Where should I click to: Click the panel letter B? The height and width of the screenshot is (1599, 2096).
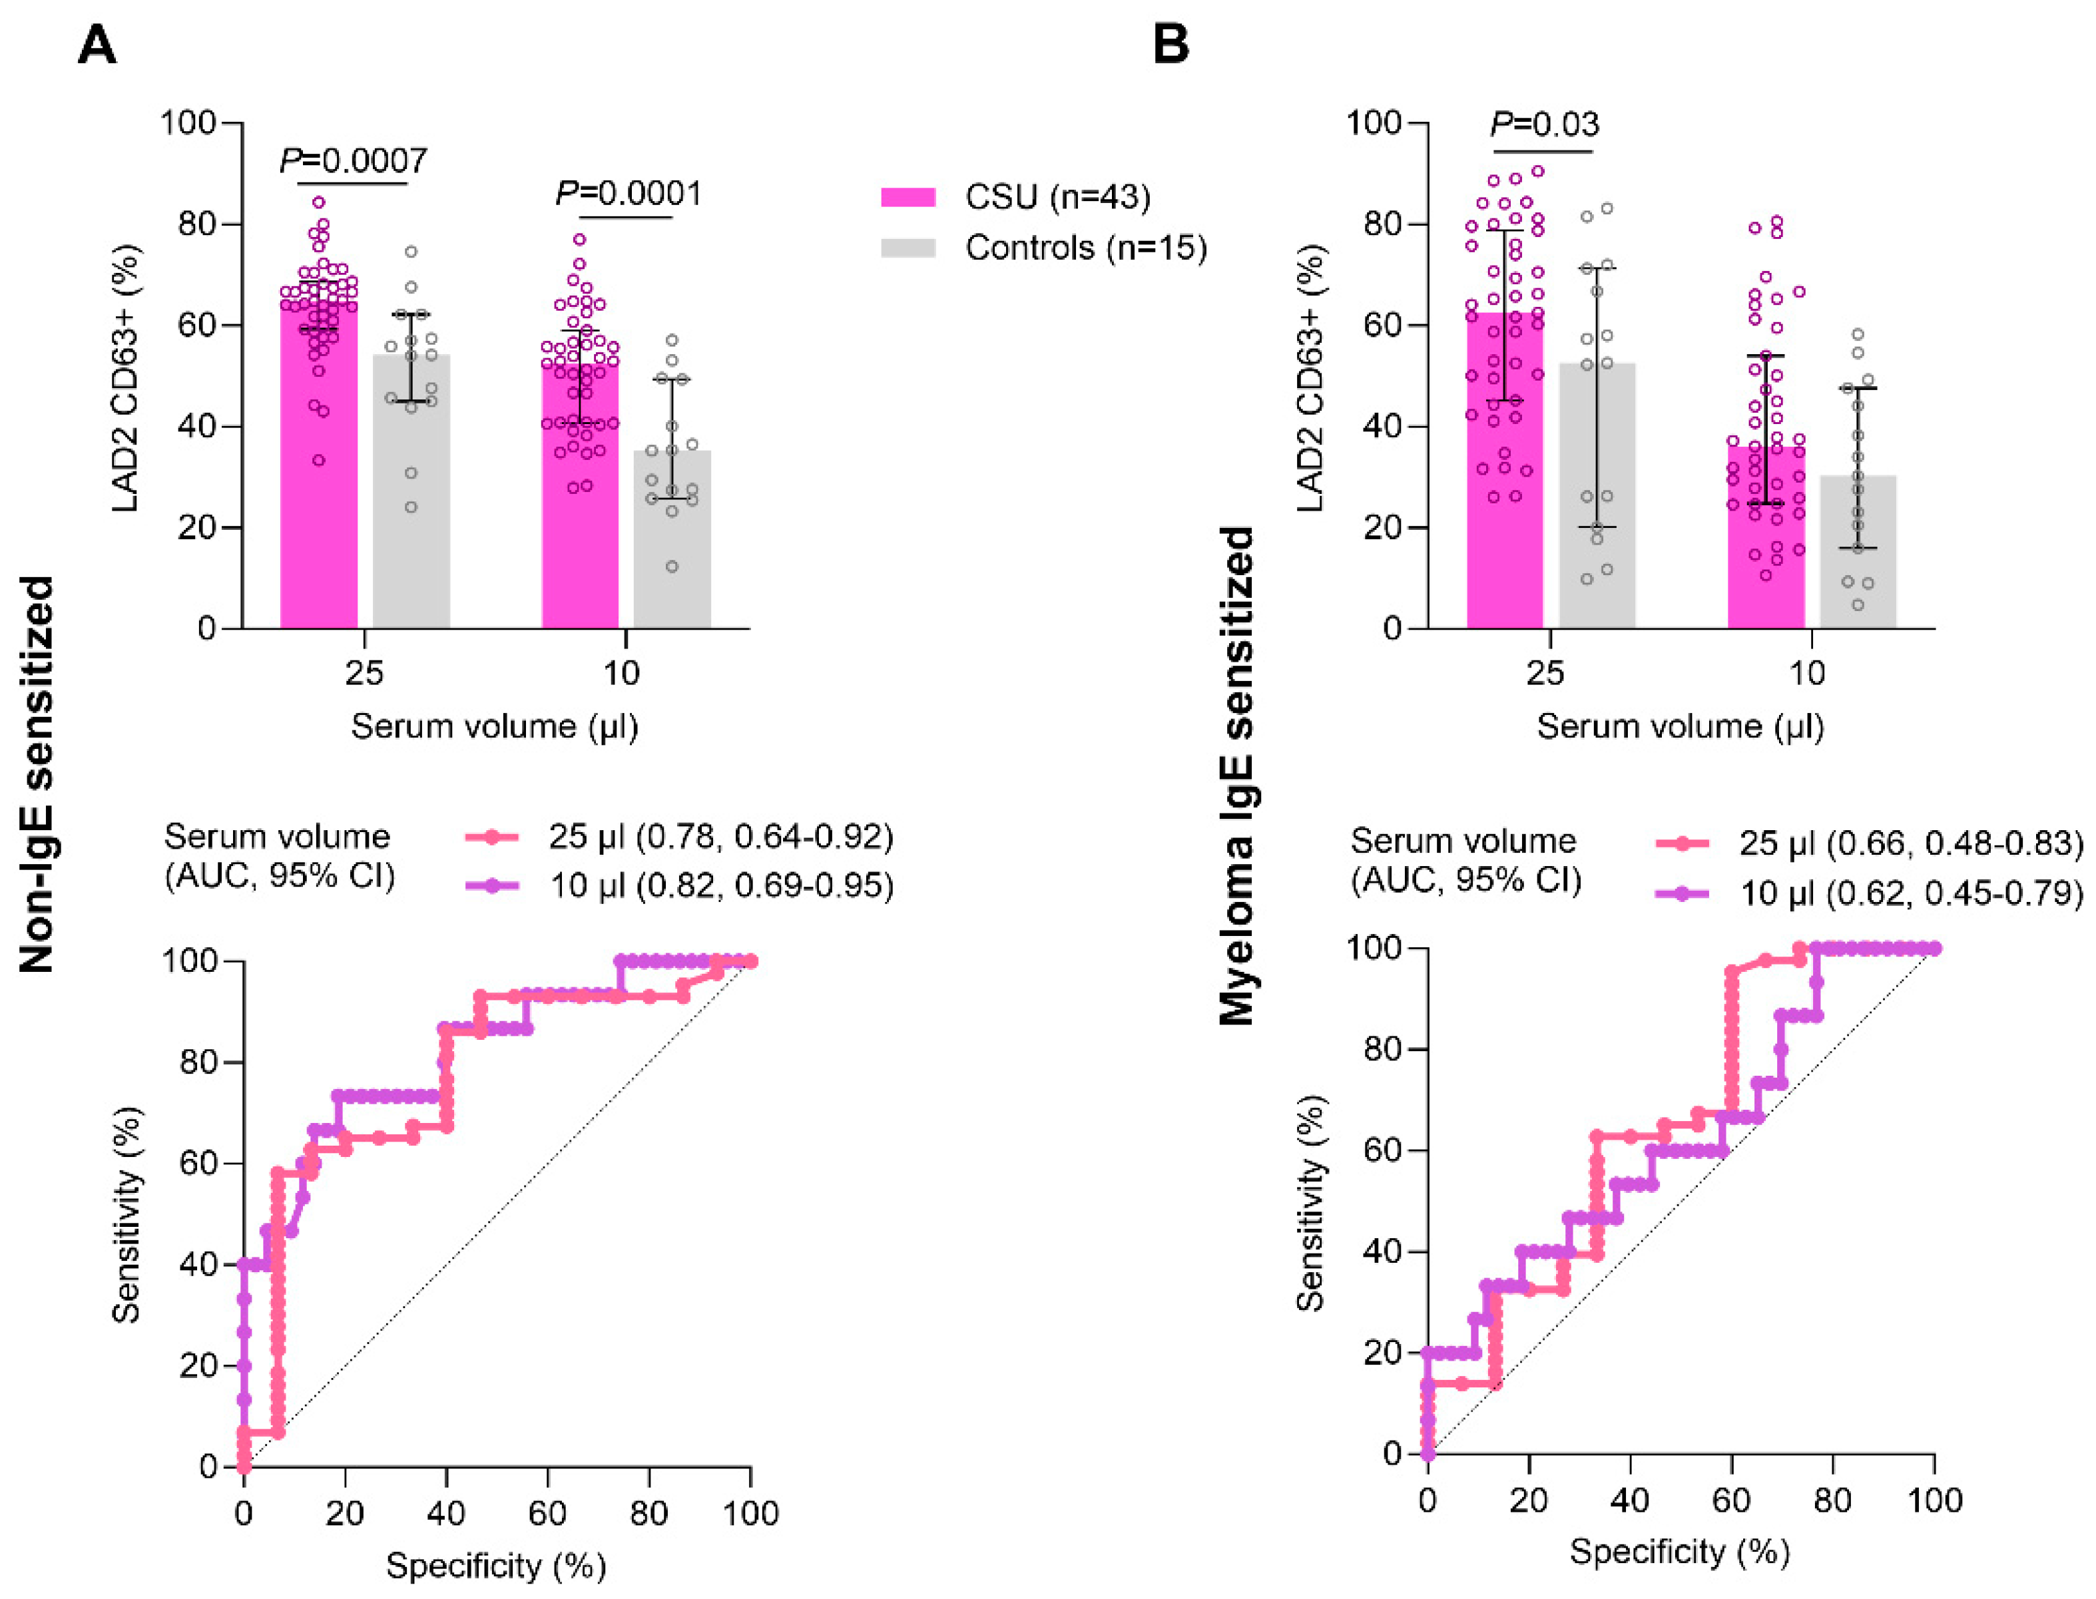pyautogui.click(x=1171, y=44)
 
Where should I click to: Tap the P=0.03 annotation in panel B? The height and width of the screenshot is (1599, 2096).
pyautogui.click(x=1544, y=124)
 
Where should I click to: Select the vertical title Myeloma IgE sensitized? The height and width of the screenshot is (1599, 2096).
pyautogui.click(x=1237, y=776)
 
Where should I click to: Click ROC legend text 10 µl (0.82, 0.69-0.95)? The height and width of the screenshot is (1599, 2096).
pyautogui.click(x=722, y=886)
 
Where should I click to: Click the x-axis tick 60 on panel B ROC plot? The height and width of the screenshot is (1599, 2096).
pyautogui.click(x=1730, y=1501)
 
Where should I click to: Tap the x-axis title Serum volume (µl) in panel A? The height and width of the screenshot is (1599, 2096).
pyautogui.click(x=494, y=726)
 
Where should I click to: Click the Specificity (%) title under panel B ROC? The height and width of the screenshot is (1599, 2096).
pyautogui.click(x=1679, y=1552)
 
